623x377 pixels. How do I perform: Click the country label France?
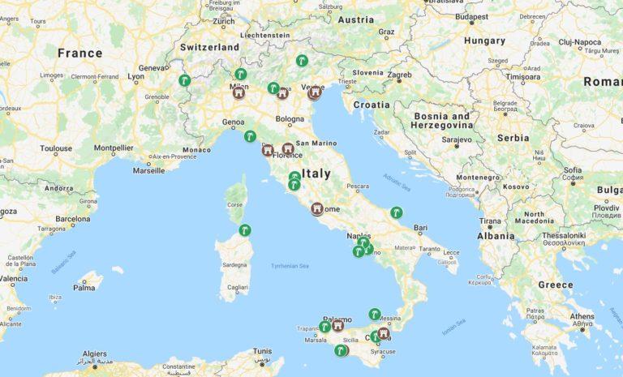click(79, 54)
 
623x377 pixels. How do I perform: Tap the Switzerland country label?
click(210, 47)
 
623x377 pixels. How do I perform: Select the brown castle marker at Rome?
click(317, 208)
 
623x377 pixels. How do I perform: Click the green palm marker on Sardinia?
click(244, 230)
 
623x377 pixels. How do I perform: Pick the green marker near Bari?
click(397, 212)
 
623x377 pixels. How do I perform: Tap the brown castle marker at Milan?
click(238, 92)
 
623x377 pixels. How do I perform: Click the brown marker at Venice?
click(315, 92)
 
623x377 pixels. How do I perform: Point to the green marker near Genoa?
click(251, 136)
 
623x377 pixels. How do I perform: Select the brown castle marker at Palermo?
click(337, 325)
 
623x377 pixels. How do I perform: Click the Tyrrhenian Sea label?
click(290, 266)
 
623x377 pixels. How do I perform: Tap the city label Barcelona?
click(73, 219)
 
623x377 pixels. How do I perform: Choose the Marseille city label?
click(148, 171)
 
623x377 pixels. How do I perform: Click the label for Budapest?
click(471, 15)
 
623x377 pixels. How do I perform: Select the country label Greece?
click(556, 285)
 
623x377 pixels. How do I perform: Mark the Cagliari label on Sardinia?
click(238, 288)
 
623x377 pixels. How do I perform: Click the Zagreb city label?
click(399, 75)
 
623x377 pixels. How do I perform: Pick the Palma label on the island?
click(84, 287)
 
